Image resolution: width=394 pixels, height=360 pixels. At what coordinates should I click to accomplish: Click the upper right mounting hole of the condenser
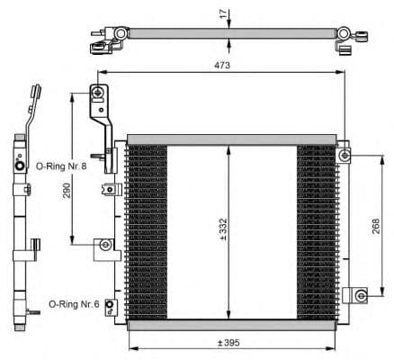click(345, 156)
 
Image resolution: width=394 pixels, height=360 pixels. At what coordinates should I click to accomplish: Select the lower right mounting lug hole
click(359, 294)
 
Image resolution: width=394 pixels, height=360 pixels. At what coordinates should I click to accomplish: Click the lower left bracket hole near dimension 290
click(106, 244)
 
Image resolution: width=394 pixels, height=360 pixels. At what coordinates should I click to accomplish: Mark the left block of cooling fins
click(147, 230)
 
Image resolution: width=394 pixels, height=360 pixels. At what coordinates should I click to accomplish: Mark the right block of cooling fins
click(316, 230)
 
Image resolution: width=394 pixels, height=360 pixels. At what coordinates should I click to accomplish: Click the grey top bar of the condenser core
click(232, 139)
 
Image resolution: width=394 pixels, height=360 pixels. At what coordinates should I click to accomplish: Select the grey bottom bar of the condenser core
click(232, 323)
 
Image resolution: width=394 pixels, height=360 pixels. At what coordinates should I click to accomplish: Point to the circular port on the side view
click(20, 166)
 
